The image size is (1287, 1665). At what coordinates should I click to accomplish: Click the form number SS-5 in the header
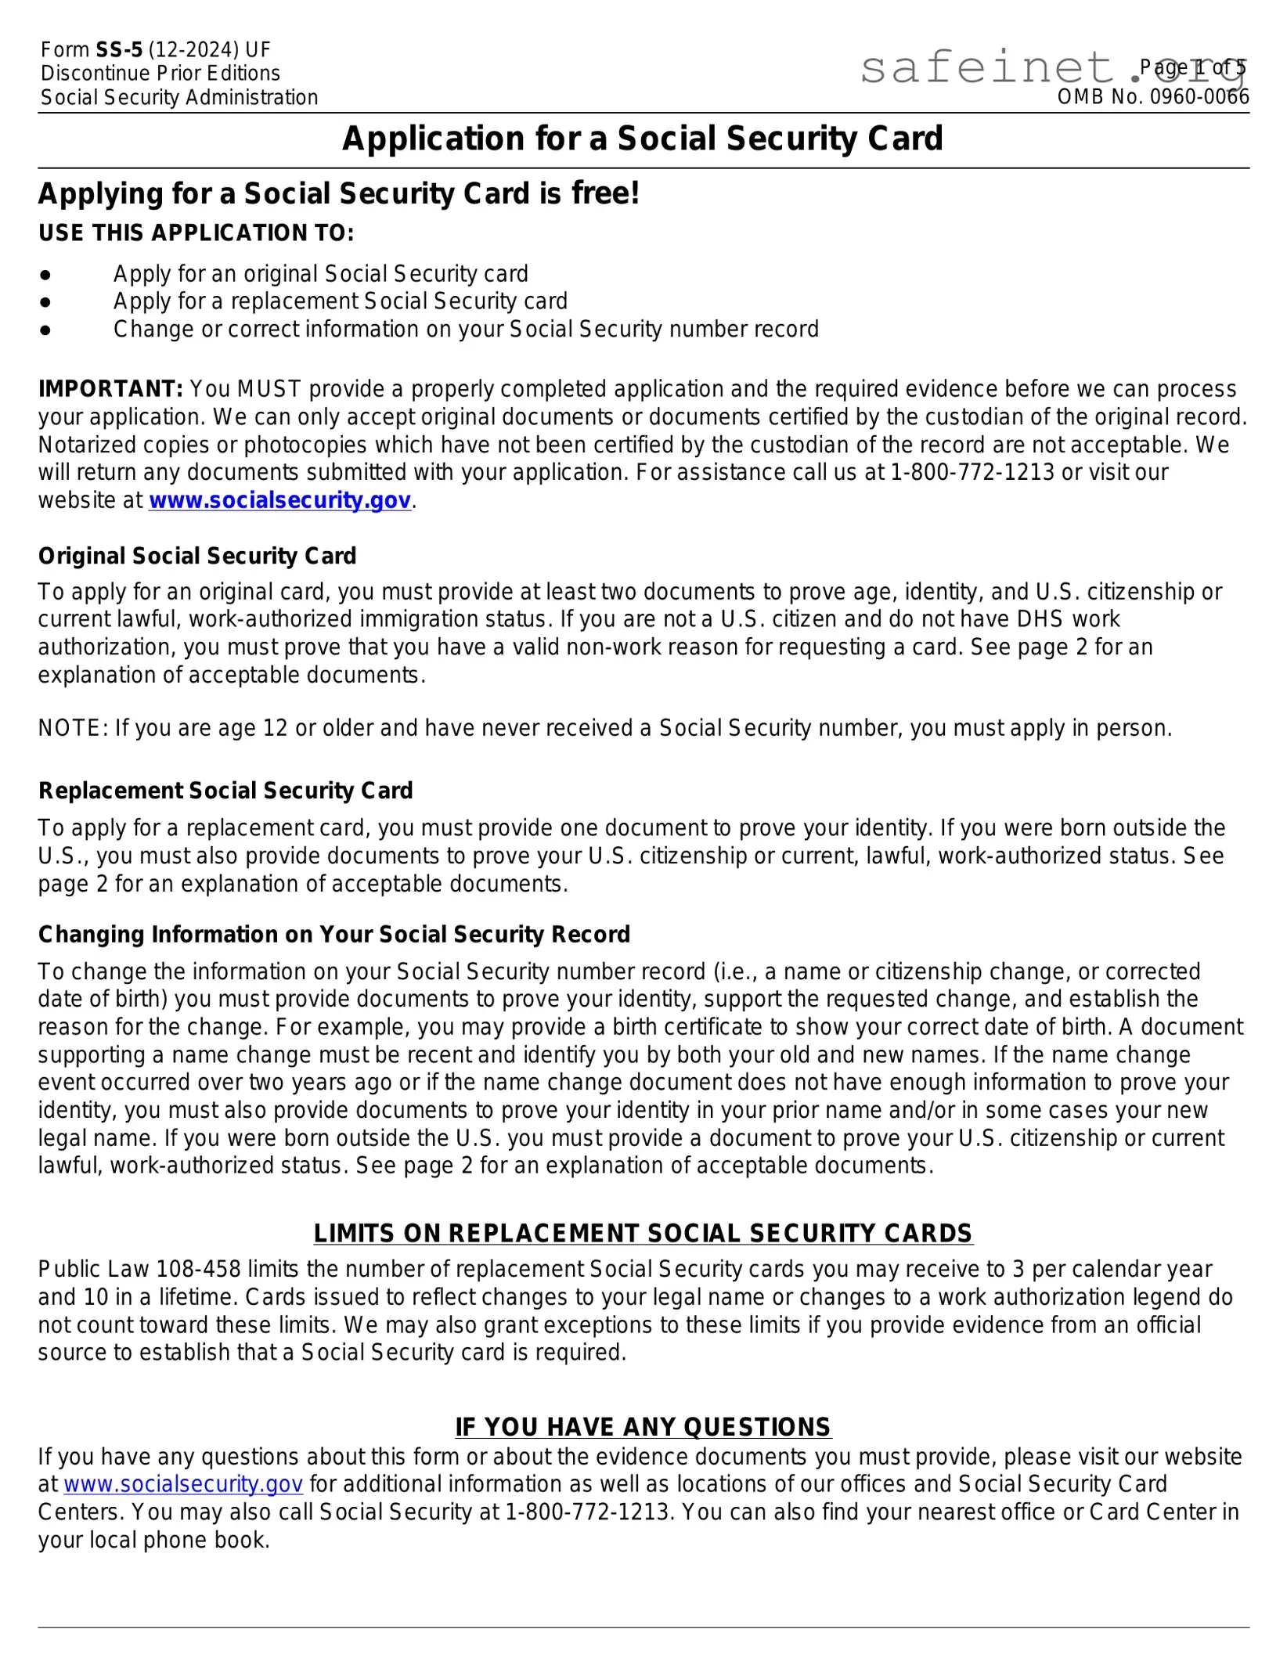119,50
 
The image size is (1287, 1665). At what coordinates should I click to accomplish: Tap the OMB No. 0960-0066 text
1152,97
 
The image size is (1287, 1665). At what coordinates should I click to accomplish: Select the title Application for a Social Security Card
643,139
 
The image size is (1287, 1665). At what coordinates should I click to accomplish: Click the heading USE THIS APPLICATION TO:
196,233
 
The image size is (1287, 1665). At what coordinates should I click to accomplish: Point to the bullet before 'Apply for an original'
45,275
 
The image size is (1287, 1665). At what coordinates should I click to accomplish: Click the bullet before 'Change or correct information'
45,330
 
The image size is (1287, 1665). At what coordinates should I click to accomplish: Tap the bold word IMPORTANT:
110,389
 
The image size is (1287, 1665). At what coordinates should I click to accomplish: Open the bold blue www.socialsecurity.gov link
279,501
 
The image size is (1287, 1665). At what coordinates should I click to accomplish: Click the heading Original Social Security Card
197,557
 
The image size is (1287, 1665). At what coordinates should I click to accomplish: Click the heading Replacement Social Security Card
225,791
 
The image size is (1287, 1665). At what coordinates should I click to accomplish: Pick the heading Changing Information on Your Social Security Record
334,935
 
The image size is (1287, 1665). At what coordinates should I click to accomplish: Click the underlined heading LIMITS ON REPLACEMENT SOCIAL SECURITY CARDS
643,1234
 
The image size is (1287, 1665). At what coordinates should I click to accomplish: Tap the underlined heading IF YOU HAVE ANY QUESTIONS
643,1427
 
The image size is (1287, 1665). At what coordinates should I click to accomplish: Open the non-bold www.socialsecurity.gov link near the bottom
183,1485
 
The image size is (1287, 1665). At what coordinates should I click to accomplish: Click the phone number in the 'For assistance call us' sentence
973,473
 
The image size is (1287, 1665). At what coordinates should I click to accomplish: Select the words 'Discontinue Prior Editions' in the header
160,74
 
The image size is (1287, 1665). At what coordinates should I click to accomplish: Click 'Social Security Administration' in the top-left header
179,98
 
